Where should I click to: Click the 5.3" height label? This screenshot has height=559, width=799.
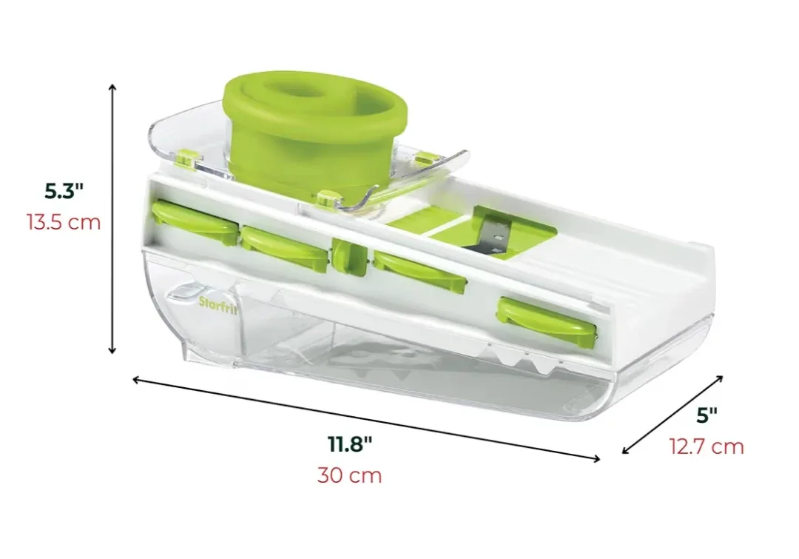pos(64,192)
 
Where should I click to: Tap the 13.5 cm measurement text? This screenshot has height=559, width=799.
pos(64,222)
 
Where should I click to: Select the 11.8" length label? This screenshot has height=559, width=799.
pos(350,444)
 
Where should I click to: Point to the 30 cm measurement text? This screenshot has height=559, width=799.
pos(350,475)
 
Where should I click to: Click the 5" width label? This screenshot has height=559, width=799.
pos(707,415)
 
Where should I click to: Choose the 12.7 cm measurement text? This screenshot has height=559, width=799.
pos(707,446)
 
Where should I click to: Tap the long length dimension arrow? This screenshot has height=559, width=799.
pos(366,419)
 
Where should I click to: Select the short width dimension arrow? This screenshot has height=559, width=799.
pos(672,414)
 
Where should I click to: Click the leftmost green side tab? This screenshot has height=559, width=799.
pos(194,222)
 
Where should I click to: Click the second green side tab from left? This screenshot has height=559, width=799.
pos(284,243)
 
